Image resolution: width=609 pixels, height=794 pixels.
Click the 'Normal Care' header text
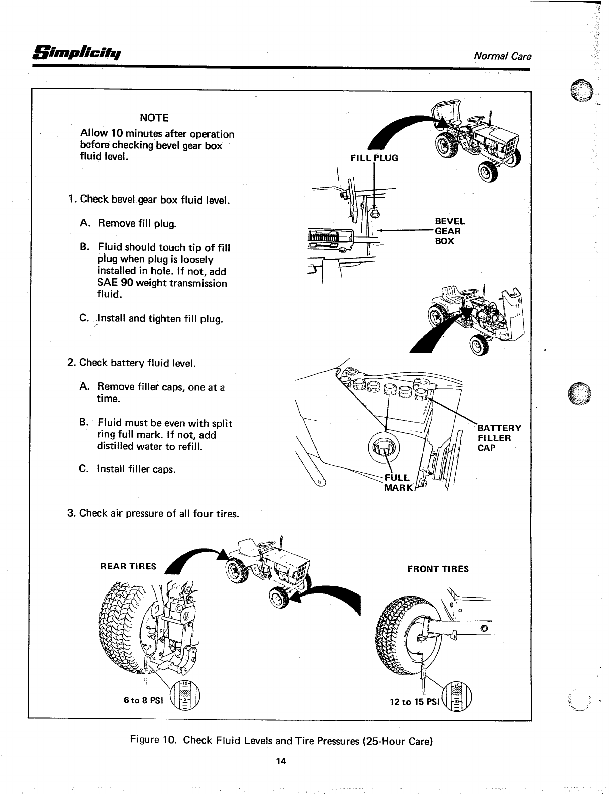[502, 56]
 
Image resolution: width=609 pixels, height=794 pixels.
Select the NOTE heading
[154, 118]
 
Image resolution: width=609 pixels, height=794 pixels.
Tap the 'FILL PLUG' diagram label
[374, 158]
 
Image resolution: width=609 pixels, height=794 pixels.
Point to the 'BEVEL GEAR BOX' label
[449, 231]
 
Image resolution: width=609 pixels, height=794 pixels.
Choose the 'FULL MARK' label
[397, 482]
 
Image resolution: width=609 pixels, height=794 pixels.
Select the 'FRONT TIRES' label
[438, 569]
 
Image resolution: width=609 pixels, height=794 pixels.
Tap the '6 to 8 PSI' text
[144, 700]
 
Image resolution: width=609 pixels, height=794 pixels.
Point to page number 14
[280, 761]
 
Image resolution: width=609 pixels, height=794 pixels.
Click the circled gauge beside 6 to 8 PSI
[184, 697]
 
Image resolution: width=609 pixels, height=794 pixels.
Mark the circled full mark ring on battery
[384, 447]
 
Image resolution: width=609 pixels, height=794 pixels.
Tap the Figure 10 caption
[281, 740]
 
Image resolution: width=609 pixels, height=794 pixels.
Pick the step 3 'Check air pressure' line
[153, 513]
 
